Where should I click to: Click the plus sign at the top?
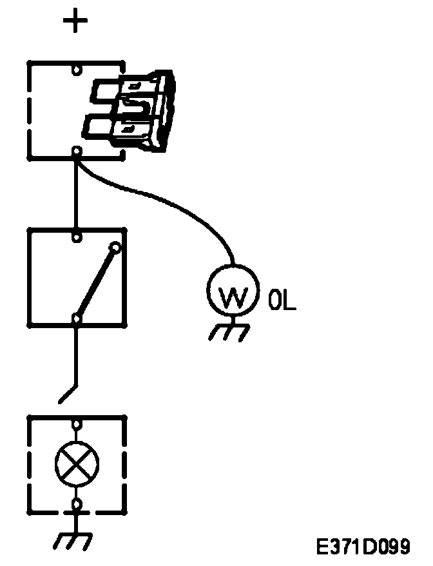76,23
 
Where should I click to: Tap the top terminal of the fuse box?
77,68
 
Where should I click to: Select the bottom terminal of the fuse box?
77,151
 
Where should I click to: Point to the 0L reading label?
282,301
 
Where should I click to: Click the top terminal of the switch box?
77,237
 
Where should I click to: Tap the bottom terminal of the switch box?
77,318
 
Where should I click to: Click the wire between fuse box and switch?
77,193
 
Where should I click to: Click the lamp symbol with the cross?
76,462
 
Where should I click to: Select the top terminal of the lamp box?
77,424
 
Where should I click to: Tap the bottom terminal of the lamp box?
77,503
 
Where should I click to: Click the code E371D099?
363,547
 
